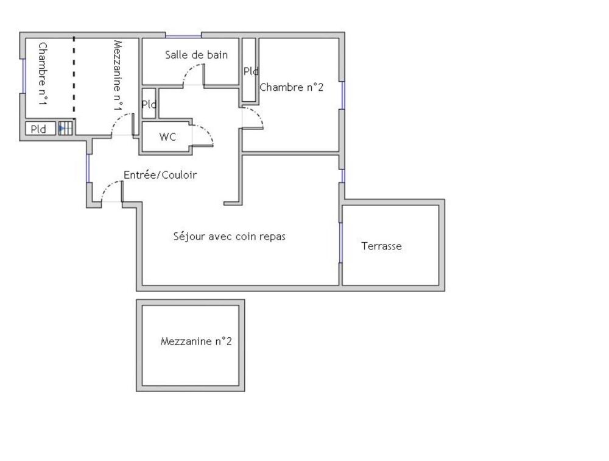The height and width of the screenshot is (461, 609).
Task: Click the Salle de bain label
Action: click(x=196, y=55)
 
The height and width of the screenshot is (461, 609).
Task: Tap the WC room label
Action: click(x=167, y=137)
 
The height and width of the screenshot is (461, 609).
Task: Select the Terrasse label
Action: click(x=381, y=246)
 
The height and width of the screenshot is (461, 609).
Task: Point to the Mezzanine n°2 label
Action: click(x=196, y=341)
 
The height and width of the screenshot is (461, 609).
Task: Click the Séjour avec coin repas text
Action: click(x=230, y=236)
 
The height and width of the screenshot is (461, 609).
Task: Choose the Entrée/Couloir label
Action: click(x=160, y=174)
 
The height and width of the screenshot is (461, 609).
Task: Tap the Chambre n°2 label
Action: click(x=291, y=87)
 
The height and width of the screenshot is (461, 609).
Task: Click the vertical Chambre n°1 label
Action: click(x=43, y=74)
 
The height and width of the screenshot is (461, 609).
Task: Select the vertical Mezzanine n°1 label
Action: click(x=119, y=76)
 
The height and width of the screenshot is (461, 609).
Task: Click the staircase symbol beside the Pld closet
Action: click(x=66, y=128)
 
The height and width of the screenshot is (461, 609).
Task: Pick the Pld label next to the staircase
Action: click(x=38, y=129)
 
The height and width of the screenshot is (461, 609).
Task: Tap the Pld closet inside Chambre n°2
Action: click(x=249, y=70)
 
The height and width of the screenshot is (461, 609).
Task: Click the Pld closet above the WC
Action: click(x=149, y=104)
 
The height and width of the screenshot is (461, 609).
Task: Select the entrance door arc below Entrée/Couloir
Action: click(x=108, y=187)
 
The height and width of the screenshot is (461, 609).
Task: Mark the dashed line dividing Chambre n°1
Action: click(x=74, y=78)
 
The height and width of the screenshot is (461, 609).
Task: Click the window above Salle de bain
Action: click(x=183, y=36)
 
